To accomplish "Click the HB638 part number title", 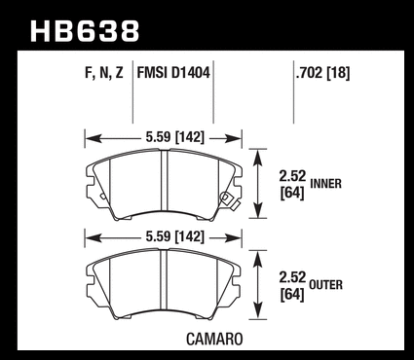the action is (x=85, y=31).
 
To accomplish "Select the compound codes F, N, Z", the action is (x=104, y=73).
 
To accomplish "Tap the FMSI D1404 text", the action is (x=173, y=73).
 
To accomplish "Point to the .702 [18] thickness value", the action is (x=322, y=73).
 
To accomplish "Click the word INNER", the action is (x=326, y=184).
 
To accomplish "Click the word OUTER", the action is (x=326, y=285).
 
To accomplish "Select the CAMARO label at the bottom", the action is (x=214, y=340).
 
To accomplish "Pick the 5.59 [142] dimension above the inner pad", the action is (x=174, y=137).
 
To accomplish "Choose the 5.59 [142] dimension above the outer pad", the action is (x=174, y=237).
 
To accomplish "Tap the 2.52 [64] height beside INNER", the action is (x=292, y=185).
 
